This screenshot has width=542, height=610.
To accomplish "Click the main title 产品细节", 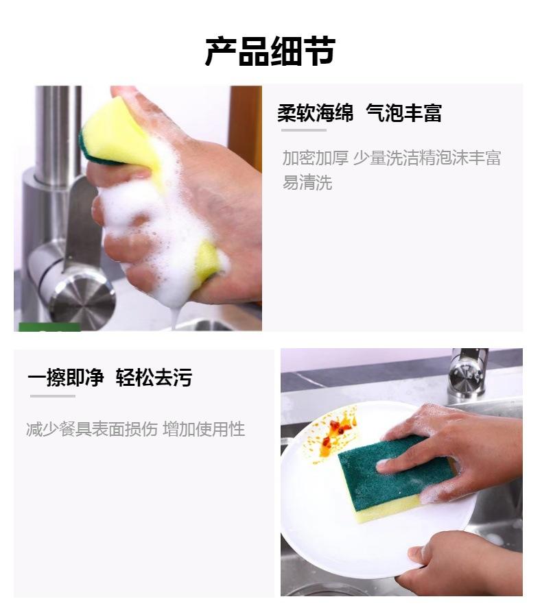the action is [x=270, y=51].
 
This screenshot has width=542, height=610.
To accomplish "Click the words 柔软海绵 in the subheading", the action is [x=316, y=113].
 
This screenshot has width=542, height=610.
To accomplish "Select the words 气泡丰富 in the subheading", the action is [x=404, y=113].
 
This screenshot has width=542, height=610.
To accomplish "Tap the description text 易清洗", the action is [x=307, y=182].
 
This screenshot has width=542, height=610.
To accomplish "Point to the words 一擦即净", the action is [x=66, y=378].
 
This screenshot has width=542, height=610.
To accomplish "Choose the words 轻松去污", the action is [x=154, y=378].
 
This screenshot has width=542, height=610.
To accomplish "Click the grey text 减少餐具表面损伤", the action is [x=92, y=429].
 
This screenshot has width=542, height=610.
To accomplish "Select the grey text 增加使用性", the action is [x=204, y=429].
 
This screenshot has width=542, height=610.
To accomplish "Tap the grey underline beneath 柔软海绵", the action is [x=304, y=130].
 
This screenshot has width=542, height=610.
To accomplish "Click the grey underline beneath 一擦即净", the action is [x=53, y=396].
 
